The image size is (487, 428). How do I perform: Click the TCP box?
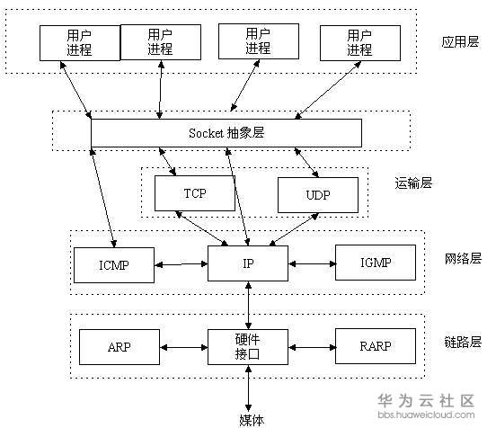[x=195, y=193]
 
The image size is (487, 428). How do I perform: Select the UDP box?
[x=318, y=195]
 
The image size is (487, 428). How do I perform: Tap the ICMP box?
[x=114, y=265]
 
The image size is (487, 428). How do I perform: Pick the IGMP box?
[x=376, y=263]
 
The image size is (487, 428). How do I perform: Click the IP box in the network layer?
[x=248, y=263]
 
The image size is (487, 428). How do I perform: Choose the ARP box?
[x=120, y=347]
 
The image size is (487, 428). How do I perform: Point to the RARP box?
[x=376, y=346]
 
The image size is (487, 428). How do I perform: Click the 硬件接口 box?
[x=248, y=347]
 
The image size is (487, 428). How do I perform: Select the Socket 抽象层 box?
[x=226, y=133]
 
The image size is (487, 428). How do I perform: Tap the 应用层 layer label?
[x=460, y=41]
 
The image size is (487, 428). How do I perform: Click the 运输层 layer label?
[x=413, y=183]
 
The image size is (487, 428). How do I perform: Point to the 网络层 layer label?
[x=463, y=259]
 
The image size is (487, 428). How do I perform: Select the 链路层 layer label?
[x=463, y=342]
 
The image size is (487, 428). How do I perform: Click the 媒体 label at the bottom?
[x=252, y=420]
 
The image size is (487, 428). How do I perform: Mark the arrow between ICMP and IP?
[x=182, y=264]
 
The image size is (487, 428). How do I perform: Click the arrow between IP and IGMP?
[x=312, y=264]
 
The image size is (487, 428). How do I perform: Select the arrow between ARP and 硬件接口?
[x=184, y=347]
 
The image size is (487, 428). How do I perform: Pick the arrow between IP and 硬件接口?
[x=248, y=305]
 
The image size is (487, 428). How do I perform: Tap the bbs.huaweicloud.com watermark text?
[x=426, y=415]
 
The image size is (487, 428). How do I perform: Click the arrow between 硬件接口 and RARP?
[x=312, y=347]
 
